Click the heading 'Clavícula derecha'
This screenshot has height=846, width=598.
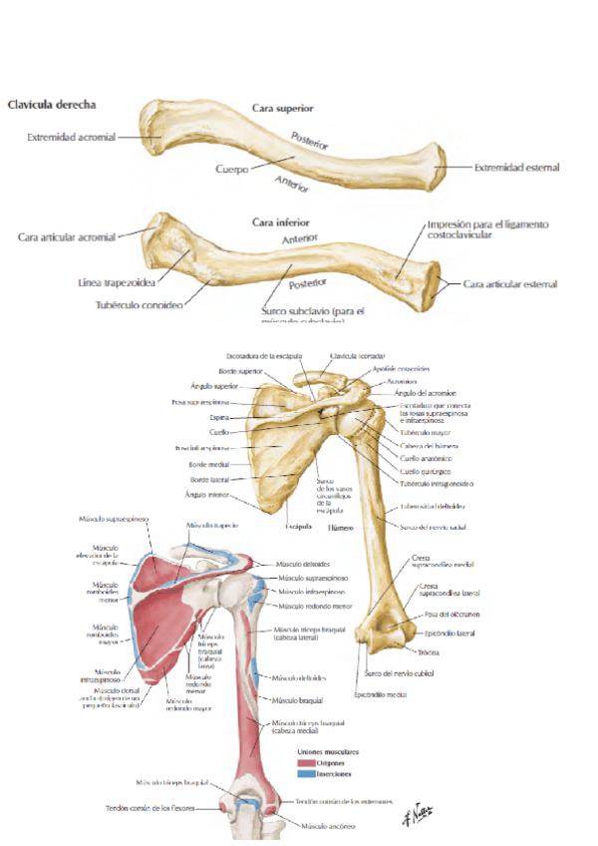tap(52, 103)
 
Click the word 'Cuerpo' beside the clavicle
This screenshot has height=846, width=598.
tap(232, 170)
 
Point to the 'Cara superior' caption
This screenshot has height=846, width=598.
tap(283, 107)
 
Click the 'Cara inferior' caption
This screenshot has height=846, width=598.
tap(281, 222)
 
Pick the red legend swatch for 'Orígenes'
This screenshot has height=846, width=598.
tap(306, 762)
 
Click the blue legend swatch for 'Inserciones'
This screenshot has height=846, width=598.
tap(306, 773)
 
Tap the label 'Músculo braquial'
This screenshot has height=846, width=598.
tap(298, 700)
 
